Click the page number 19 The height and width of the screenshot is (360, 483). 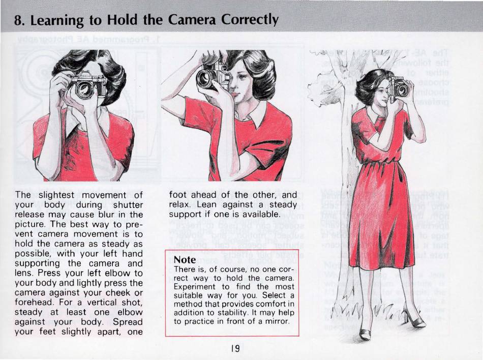[235, 348]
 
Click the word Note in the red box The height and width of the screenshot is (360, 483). [185, 260]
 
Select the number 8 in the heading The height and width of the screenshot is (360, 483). [18, 21]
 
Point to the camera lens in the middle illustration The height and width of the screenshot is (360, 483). [205, 78]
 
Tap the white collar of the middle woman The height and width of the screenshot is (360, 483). [256, 115]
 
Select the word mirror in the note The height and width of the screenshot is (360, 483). [279, 321]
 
